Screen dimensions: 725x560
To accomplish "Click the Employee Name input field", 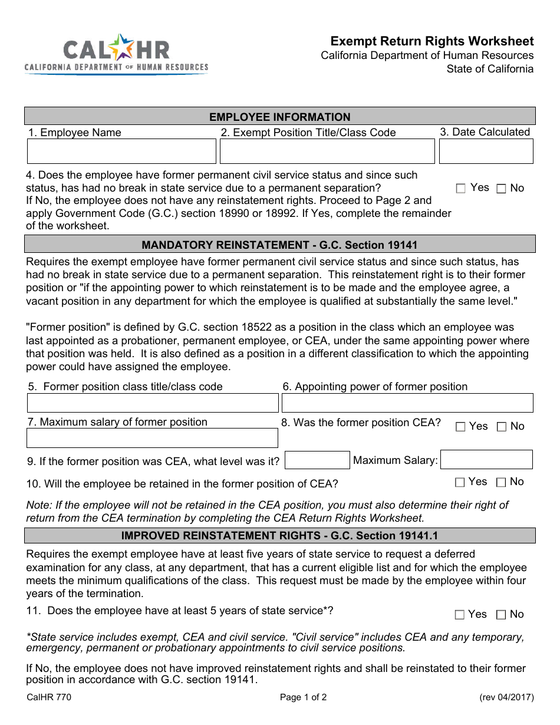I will [121, 151].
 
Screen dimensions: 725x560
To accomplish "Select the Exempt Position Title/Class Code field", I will [327, 151].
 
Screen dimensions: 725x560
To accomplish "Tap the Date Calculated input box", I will [486, 151].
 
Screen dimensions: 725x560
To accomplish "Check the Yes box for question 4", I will [461, 189].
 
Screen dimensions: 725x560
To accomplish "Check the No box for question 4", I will [501, 189].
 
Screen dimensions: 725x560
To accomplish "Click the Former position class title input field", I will [153, 403].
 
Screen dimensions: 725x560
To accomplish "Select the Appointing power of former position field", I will [407, 403].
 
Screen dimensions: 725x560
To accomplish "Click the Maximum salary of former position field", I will [152, 438].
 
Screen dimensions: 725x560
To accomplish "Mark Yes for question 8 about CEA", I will [461, 427].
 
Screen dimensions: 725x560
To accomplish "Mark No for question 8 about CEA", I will [501, 427].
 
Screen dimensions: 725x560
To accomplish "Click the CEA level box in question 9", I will [317, 460].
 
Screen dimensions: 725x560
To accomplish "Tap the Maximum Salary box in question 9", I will [486, 460].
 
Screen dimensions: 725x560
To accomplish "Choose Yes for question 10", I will [460, 482].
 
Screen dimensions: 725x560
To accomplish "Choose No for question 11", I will [501, 615].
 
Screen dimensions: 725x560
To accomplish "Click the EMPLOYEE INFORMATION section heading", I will [280, 117].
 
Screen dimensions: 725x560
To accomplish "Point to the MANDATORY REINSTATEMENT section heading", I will [280, 245].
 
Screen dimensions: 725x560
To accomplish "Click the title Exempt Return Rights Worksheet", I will [432, 41].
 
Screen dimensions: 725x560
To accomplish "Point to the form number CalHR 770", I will [49, 697].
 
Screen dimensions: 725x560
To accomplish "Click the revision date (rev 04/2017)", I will [506, 697].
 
